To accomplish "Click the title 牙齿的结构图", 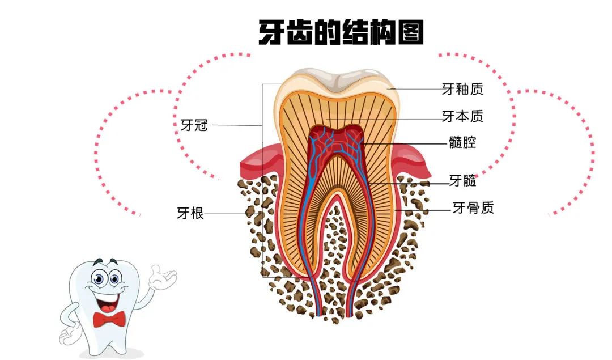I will click(341, 33).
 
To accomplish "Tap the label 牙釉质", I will click(462, 89).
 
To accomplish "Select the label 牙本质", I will click(462, 117).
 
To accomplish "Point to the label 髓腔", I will click(462, 143).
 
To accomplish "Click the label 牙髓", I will click(462, 181).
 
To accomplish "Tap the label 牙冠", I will click(194, 125).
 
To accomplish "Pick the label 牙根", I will click(190, 214).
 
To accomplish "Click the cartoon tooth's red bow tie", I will click(109, 319).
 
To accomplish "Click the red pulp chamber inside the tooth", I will click(337, 141).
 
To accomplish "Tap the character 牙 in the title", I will click(271, 33).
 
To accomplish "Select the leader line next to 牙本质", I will click(408, 118).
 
